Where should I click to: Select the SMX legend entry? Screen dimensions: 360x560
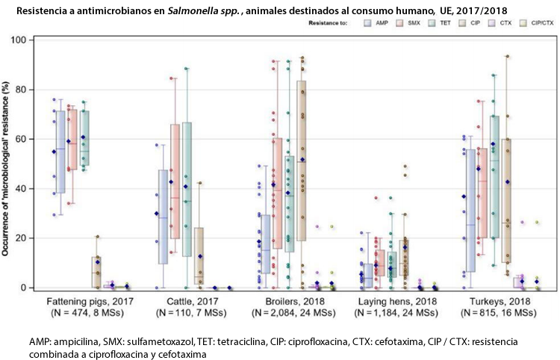[415, 23]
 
